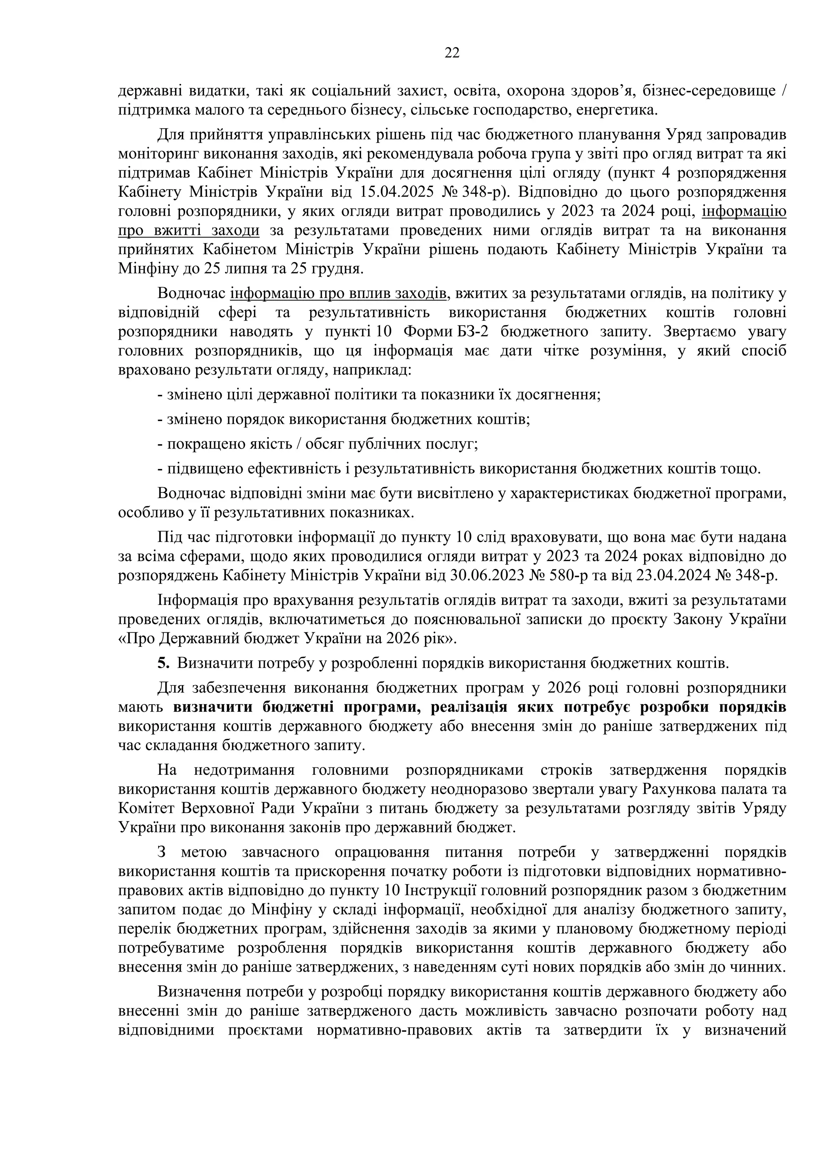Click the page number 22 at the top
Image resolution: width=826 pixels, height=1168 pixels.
[452, 53]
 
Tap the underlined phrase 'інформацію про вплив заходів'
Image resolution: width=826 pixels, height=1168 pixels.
[339, 294]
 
